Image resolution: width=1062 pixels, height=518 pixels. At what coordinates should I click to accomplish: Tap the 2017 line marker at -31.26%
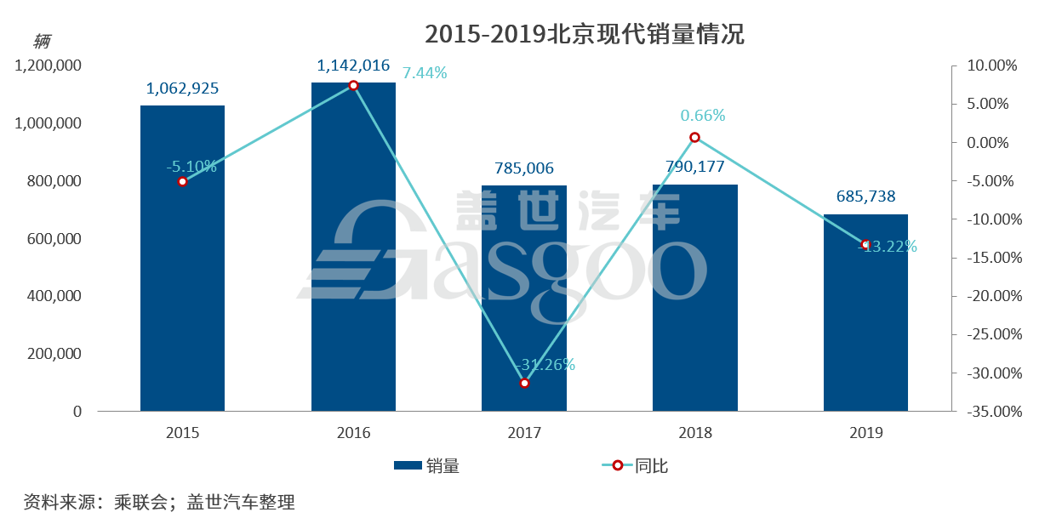click(524, 383)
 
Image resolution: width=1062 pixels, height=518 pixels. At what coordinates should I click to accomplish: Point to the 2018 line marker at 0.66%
click(694, 138)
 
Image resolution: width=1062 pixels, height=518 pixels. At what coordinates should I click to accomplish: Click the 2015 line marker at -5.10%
click(182, 181)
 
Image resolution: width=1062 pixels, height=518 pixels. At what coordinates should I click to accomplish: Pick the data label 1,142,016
click(353, 65)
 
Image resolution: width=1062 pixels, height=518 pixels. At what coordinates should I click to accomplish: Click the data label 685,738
click(865, 196)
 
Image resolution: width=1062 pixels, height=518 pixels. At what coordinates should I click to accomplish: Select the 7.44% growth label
click(425, 73)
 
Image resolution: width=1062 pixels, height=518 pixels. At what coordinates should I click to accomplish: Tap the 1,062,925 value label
click(182, 88)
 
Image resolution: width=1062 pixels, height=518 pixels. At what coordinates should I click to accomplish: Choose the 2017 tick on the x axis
click(524, 433)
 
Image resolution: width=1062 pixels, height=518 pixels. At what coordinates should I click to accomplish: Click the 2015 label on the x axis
click(182, 433)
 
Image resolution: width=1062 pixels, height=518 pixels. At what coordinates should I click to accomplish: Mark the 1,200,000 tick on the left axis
click(49, 65)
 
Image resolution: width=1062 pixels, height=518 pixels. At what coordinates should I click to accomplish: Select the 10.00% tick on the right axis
click(988, 65)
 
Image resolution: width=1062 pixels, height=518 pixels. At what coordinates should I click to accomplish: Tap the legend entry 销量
click(427, 466)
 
